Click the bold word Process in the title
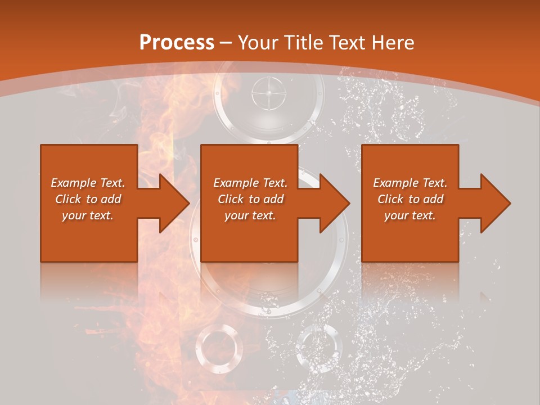click(177, 42)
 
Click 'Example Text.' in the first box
click(88, 183)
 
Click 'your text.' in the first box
click(88, 215)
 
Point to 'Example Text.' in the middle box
click(250, 183)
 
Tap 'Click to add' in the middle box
click(250, 199)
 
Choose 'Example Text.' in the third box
click(410, 183)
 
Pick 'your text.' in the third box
click(410, 215)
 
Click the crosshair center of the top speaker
click(268, 93)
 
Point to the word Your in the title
click(256, 42)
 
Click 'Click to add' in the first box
click(88, 199)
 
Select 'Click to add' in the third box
click(410, 199)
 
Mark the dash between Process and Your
click(226, 43)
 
